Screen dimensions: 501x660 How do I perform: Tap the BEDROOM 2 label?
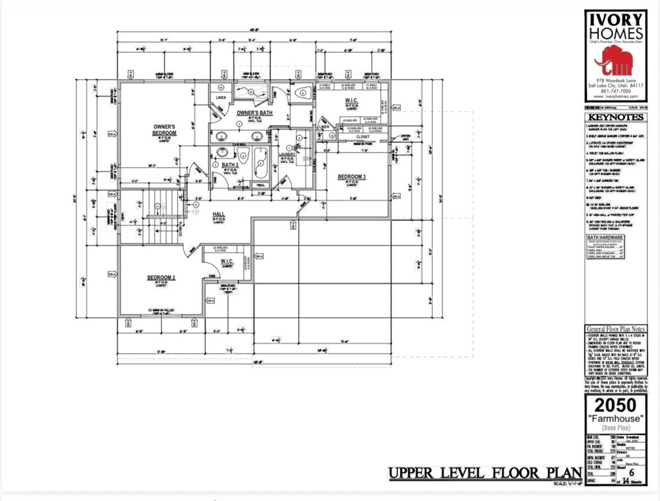pos(160,278)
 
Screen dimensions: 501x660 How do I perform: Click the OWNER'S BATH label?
pos(244,113)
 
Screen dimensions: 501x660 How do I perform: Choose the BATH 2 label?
pos(230,165)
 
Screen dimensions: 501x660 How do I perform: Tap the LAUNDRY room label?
pos(288,154)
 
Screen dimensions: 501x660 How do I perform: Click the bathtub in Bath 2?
pos(260,164)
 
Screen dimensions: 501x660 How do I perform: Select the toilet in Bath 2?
pos(243,156)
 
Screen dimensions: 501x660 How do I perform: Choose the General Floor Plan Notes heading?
pos(615,329)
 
